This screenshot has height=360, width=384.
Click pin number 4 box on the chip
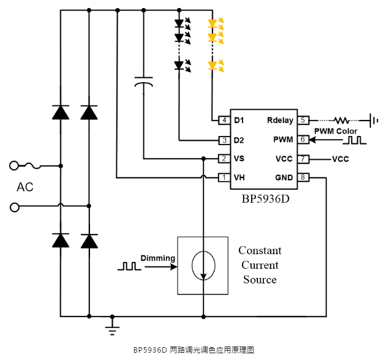[x=224, y=120]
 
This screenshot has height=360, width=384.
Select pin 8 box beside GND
[x=303, y=177]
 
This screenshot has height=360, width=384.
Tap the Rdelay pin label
[x=280, y=120]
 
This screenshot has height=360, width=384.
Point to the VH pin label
[x=239, y=178]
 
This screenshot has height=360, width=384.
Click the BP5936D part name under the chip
[x=265, y=198]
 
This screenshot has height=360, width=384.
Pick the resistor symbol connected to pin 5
[x=342, y=121]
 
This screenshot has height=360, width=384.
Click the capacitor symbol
[x=144, y=82]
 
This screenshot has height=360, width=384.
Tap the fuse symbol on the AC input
[x=32, y=166]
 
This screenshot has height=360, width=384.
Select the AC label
[x=25, y=187]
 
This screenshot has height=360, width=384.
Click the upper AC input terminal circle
[x=14, y=166]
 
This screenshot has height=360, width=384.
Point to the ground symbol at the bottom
[x=112, y=329]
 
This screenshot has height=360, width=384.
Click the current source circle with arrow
[x=203, y=266]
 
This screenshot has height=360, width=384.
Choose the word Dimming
[x=158, y=258]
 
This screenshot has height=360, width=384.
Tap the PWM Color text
[x=336, y=131]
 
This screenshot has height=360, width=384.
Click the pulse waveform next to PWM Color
[x=355, y=140]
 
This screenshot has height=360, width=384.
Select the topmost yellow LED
[x=213, y=23]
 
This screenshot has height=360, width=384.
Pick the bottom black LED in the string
[x=179, y=66]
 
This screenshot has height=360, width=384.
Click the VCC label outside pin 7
[x=341, y=159]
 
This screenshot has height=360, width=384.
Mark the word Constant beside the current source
[x=260, y=250]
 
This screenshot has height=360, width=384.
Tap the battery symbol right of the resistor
[x=373, y=121]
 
